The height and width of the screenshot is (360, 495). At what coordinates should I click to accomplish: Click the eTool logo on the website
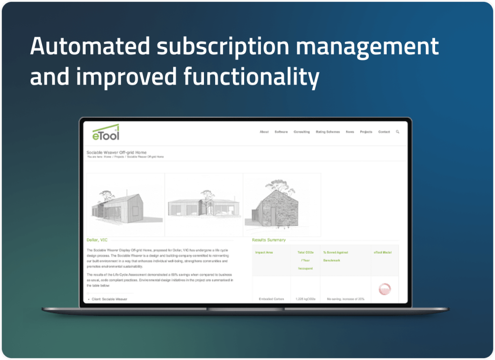click(106, 132)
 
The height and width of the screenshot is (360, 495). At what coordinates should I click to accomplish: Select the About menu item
click(264, 132)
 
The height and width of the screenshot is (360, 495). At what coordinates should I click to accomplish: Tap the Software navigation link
click(281, 132)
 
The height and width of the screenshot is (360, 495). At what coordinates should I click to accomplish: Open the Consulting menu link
click(302, 132)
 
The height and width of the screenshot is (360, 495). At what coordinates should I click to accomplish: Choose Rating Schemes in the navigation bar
click(328, 132)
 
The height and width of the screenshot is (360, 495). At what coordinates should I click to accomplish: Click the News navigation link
click(350, 132)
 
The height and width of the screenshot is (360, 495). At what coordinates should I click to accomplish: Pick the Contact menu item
click(384, 132)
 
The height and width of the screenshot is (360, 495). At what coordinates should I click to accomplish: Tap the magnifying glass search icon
click(398, 132)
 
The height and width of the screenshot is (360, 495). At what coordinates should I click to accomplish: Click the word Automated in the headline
click(90, 46)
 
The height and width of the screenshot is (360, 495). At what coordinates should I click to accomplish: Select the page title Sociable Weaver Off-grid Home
click(116, 152)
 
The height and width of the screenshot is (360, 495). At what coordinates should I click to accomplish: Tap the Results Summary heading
click(269, 240)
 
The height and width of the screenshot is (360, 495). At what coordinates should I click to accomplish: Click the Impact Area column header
click(264, 252)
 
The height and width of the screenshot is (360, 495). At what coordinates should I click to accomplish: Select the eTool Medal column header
click(383, 252)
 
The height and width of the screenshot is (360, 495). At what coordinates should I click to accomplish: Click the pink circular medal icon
click(385, 289)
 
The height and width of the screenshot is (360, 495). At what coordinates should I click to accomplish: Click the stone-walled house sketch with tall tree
click(282, 205)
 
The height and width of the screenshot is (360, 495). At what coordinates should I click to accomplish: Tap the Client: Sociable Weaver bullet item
click(109, 299)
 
